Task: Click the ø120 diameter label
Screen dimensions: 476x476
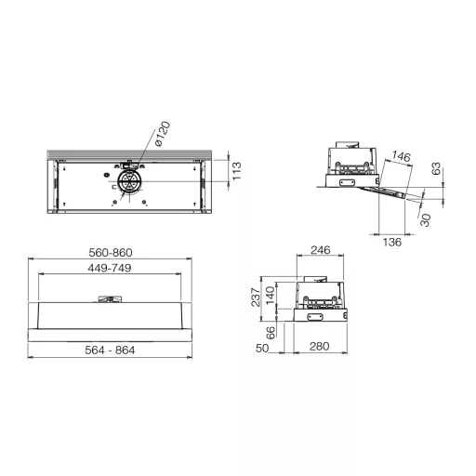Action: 163,134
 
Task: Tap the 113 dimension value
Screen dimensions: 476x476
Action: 237,171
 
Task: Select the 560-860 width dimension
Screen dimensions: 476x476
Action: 111,253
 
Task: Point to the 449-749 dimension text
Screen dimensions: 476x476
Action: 110,268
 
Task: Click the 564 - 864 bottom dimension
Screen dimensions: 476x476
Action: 110,350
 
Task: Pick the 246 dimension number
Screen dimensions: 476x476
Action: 321,250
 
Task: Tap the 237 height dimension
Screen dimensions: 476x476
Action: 256,297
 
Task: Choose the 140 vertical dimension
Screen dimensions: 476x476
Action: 271,296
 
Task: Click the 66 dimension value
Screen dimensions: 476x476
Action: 271,333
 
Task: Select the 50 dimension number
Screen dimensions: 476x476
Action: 262,349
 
